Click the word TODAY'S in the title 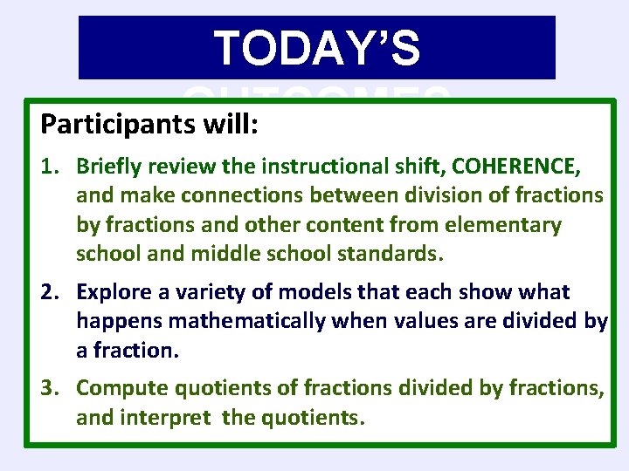click(x=317, y=48)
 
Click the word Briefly click(x=109, y=165)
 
